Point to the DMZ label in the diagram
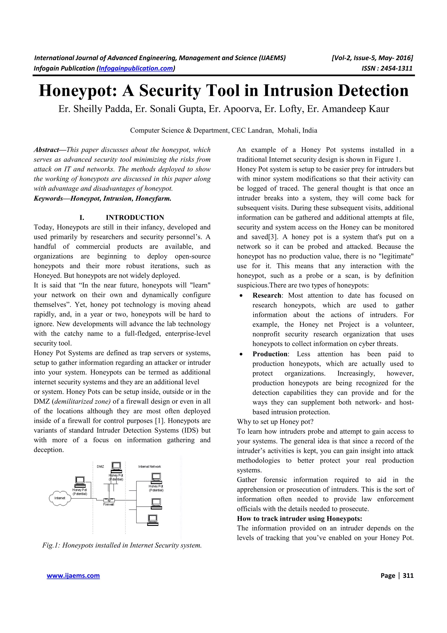coord(100,467)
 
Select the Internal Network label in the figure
coord(149,467)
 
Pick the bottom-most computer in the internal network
coord(153,520)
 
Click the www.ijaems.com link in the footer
coord(73,576)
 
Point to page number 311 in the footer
coord(408,576)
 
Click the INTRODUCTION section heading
coord(135,218)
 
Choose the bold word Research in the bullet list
coord(266,295)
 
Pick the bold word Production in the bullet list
coord(270,354)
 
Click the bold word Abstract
coord(46,150)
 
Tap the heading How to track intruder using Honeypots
coord(299,519)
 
